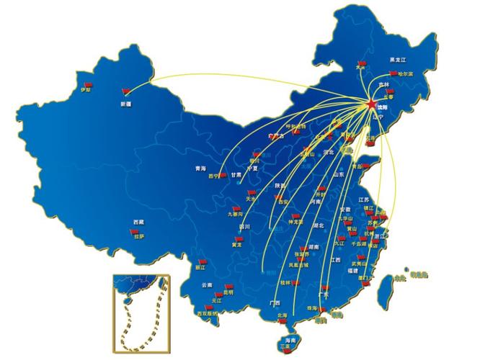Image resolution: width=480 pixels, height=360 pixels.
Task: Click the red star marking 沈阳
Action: (x=371, y=106)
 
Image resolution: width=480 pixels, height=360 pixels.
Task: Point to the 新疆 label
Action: (x=127, y=104)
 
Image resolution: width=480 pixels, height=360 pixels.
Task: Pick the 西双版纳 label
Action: (x=207, y=314)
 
